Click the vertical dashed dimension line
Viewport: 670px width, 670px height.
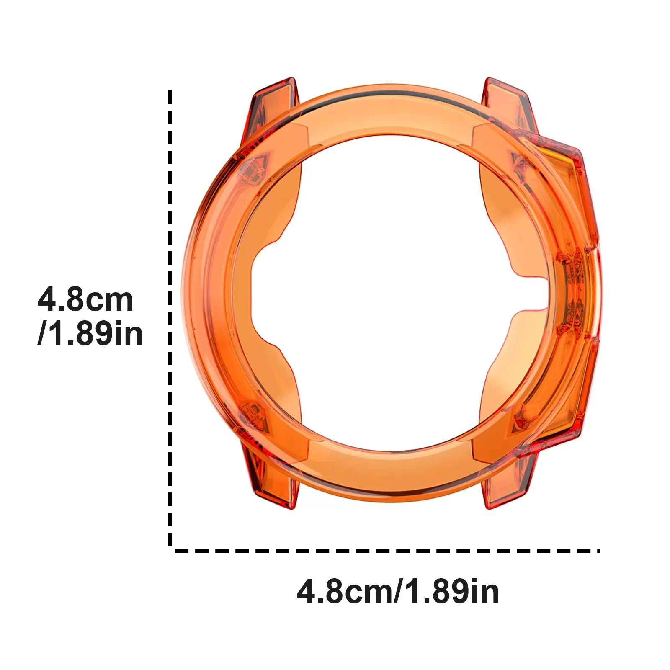170,318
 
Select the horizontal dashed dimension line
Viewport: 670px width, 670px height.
387,551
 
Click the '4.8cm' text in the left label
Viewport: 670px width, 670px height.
85,300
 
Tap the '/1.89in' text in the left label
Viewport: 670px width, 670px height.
90,334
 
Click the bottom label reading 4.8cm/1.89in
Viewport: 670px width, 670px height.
398,592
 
